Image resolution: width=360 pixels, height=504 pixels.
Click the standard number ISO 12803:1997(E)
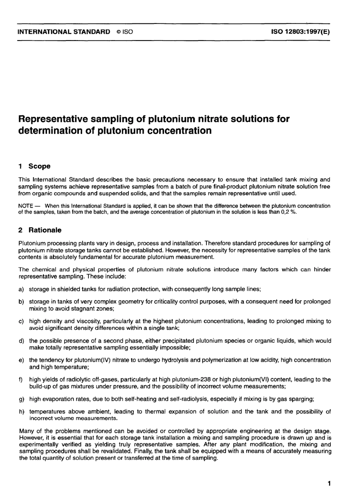[301, 32]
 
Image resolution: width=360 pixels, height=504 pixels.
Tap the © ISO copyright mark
[125, 32]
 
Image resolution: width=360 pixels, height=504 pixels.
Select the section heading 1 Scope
[34, 166]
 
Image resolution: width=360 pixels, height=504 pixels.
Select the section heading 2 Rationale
[40, 230]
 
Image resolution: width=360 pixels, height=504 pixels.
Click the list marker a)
[21, 289]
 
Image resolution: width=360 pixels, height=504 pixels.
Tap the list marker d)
[21, 340]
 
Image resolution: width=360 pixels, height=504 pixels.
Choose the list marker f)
[20, 379]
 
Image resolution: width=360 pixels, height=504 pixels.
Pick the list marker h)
[21, 411]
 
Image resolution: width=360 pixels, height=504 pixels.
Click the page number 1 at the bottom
[329, 483]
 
